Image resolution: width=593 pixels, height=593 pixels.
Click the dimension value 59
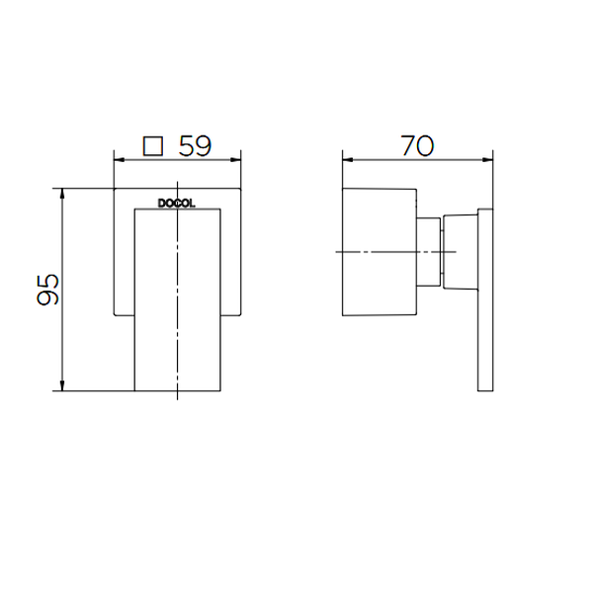coord(195,145)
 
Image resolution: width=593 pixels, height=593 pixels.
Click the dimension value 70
coord(417,145)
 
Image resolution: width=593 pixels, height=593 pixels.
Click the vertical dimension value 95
coord(48,290)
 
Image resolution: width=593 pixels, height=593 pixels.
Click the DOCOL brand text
coord(177,204)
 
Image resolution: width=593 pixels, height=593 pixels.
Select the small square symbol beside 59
coord(153,146)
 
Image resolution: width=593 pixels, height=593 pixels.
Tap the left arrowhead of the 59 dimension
coord(120,160)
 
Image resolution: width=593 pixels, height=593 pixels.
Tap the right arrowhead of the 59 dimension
coord(236,160)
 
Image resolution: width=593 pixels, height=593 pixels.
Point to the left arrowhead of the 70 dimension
coord(348,160)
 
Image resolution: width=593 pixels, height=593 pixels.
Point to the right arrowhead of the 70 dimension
coord(488,160)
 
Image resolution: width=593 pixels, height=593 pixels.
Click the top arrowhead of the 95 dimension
coord(62,194)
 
